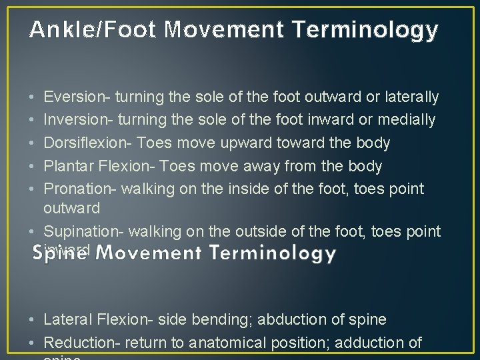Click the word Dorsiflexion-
(85, 143)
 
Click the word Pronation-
(81, 189)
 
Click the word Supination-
(83, 231)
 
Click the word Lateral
(68, 319)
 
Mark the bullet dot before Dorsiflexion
(33, 143)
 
